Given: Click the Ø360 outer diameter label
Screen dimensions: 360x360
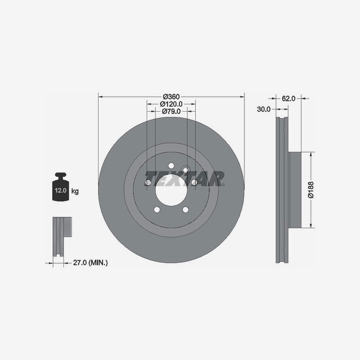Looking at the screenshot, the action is (171, 97).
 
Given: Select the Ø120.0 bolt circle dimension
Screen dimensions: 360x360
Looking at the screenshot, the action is (171, 104).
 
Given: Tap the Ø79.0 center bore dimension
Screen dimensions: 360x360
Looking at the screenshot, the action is (171, 111).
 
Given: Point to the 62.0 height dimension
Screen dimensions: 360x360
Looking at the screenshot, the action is (288, 99).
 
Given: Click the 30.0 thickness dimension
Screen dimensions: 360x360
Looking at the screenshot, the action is (264, 109).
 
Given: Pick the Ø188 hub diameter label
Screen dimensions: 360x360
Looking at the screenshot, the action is (310, 189).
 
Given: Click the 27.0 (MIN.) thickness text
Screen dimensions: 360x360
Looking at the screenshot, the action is (90, 262).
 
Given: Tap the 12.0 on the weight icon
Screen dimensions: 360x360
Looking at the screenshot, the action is (60, 190).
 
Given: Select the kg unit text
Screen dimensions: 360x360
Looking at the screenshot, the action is (75, 191).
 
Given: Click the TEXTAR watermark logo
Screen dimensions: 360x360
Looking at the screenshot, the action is (185, 178).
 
